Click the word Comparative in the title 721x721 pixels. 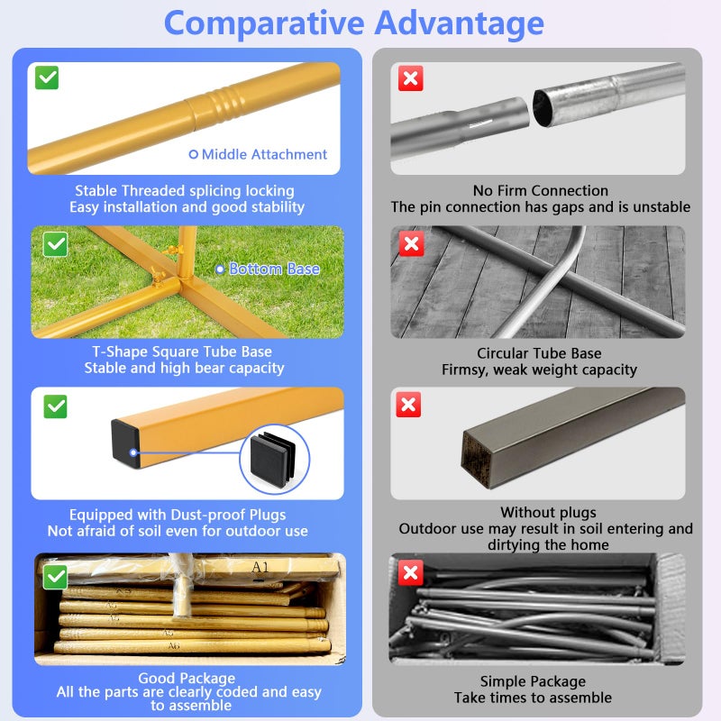[264, 23]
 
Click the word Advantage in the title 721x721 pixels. [460, 23]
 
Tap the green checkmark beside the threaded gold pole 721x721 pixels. [47, 78]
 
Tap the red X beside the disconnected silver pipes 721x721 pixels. [410, 78]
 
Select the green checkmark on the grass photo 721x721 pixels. [55, 244]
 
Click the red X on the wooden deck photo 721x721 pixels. [411, 243]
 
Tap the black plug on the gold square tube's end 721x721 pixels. [125, 443]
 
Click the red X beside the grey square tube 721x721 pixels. [408, 405]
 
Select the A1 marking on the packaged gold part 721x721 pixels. [260, 567]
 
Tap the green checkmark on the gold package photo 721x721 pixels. [55, 577]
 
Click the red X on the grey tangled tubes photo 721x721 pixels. [410, 573]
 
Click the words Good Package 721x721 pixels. [187, 678]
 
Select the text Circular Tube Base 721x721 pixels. [539, 353]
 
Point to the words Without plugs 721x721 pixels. [548, 512]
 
